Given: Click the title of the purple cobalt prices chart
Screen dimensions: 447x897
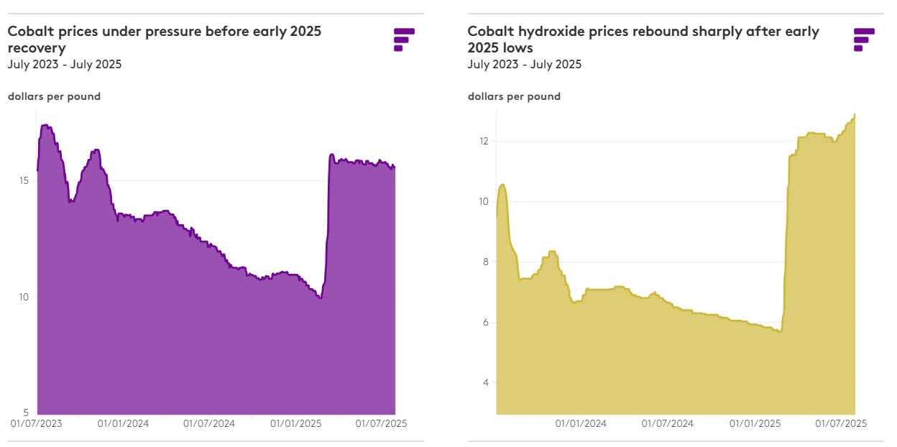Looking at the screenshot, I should [164, 40].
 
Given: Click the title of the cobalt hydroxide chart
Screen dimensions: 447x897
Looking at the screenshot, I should [643, 40].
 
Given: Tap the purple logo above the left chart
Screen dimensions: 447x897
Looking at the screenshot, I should [404, 39].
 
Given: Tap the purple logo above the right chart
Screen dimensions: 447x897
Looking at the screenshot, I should [864, 39].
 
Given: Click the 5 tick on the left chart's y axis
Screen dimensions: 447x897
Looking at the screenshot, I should [26, 413].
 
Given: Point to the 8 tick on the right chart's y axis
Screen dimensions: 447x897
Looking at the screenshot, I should [486, 262].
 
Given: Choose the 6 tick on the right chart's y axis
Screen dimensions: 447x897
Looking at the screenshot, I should [486, 322].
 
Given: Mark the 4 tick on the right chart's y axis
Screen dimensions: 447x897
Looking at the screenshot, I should [486, 382].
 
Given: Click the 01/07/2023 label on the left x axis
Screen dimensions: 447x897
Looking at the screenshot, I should [36, 423].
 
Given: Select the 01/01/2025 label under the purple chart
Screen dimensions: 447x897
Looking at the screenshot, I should [295, 423].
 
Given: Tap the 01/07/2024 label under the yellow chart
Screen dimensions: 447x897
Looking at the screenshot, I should [668, 423].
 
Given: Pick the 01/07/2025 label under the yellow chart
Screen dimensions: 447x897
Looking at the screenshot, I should [840, 423].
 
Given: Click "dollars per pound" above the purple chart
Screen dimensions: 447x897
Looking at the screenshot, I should [54, 96].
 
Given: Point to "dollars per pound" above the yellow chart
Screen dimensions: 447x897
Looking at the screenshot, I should [514, 96].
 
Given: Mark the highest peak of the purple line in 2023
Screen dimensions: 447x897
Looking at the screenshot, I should [45, 125].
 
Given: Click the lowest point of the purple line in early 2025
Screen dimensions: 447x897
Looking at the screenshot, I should [320, 298].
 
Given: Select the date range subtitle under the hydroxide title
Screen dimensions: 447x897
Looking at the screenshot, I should [524, 65].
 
